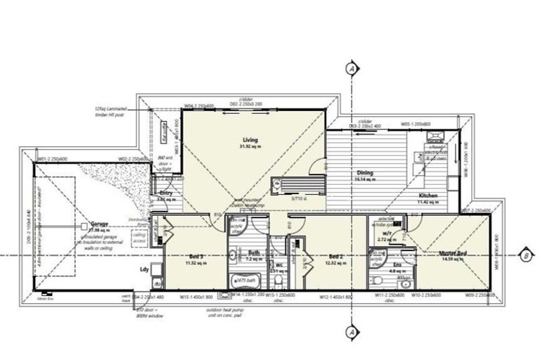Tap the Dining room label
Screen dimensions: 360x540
(364, 173)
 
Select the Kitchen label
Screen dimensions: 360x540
(428, 195)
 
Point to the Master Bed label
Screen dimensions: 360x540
(453, 253)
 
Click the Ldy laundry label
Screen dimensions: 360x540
(145, 269)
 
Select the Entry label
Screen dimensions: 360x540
(167, 193)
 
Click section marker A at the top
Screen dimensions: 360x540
(349, 68)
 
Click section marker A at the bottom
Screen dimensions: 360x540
(349, 331)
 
